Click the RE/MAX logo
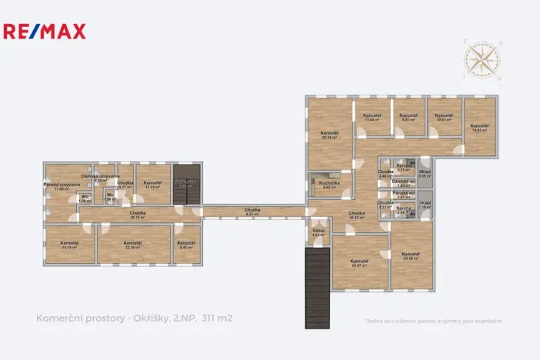[x=45, y=32]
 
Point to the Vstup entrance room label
[x=318, y=232]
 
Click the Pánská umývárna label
[x=57, y=186]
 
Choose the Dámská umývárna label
[x=100, y=178]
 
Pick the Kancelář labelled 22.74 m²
[x=134, y=245]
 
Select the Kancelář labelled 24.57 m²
[x=359, y=264]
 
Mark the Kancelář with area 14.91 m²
[x=479, y=128]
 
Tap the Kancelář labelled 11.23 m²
[x=152, y=185]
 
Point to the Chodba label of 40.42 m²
[x=356, y=215]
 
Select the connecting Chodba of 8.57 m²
[x=252, y=212]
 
